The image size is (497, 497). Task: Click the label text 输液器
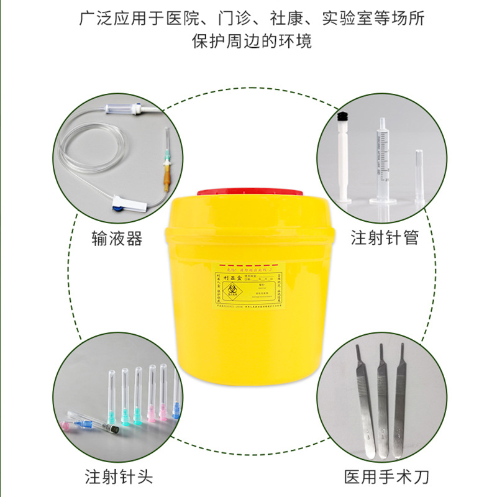coord(116,238)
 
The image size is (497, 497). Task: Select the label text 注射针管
coord(385,238)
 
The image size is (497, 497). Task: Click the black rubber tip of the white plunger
coord(341,116)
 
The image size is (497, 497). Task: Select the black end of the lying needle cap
coord(113,429)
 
